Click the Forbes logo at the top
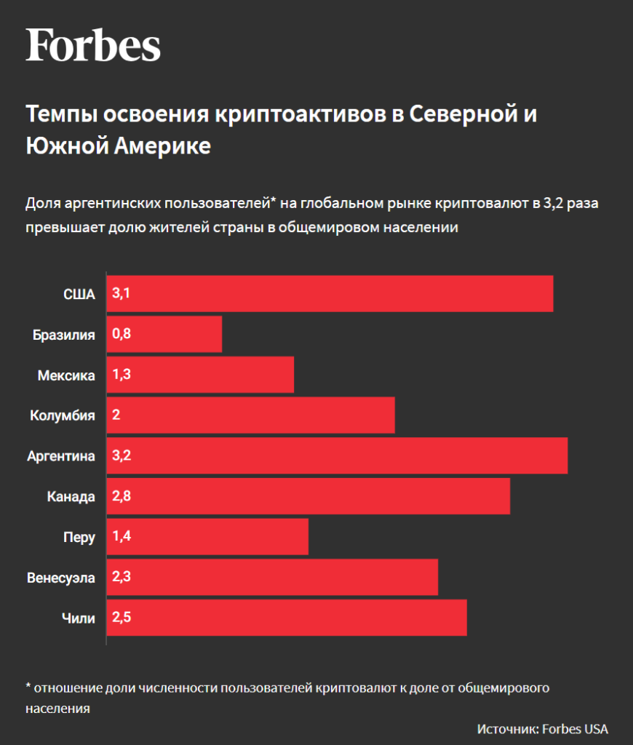(93, 45)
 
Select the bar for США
(330, 294)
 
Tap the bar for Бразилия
(164, 335)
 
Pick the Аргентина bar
(337, 456)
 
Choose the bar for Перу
(207, 538)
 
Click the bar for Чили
(287, 618)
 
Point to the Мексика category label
(66, 375)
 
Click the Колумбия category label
(63, 416)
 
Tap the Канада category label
(71, 497)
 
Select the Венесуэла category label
(61, 578)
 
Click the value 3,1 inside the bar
(121, 294)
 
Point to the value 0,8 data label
(121, 335)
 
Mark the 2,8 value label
(121, 497)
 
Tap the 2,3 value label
(121, 578)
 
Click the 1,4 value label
(121, 538)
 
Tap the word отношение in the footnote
(68, 688)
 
